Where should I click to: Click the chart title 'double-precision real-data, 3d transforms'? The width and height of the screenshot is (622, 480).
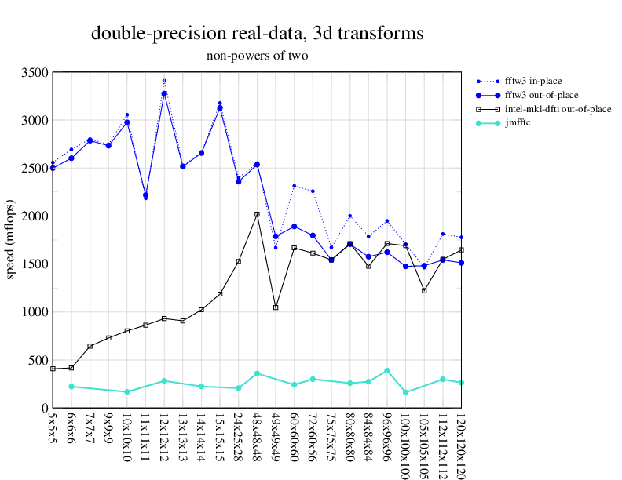[258, 33]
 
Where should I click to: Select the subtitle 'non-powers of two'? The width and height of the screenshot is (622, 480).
[258, 56]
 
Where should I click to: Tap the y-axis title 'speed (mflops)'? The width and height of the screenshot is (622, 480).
[11, 240]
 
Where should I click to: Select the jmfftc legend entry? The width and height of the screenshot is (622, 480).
[518, 123]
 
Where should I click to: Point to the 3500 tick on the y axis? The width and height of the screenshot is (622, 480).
[37, 73]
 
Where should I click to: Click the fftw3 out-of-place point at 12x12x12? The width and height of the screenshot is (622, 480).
[164, 94]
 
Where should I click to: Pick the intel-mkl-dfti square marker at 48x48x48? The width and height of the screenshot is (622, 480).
[257, 214]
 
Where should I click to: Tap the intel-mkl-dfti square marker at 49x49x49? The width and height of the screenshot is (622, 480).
[276, 307]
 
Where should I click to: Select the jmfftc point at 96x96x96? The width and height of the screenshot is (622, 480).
[387, 370]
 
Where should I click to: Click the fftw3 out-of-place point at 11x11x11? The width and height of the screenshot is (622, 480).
[145, 195]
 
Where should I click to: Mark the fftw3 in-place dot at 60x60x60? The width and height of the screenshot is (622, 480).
[294, 186]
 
